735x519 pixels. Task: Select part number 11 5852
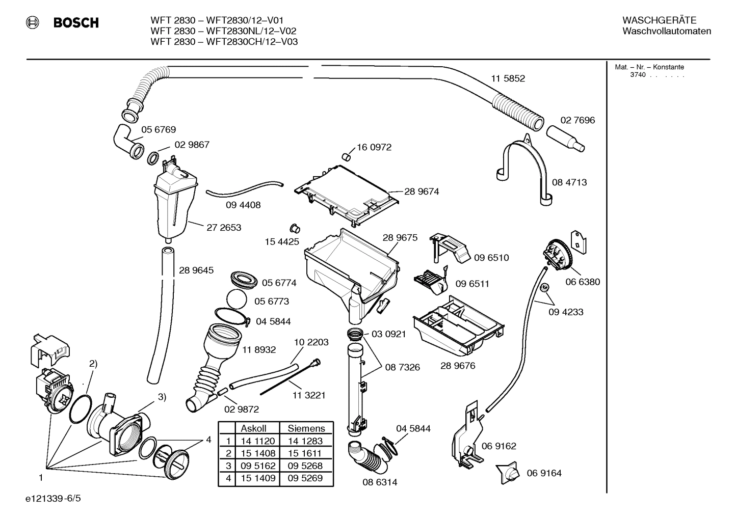point(508,78)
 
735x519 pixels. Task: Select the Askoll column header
point(253,428)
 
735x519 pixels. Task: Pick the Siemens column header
point(306,428)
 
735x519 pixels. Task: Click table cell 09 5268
point(305,466)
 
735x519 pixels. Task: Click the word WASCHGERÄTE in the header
point(659,20)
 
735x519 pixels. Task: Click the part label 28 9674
point(422,192)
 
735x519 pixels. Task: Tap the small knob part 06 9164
point(509,472)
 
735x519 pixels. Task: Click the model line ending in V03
point(224,42)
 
